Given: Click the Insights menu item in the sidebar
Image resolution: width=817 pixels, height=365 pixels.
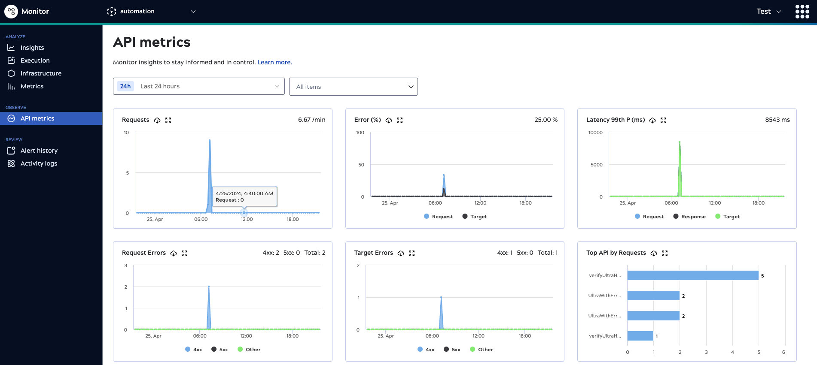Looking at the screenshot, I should click(x=32, y=48).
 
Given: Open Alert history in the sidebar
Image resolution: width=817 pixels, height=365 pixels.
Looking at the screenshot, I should click(x=39, y=151).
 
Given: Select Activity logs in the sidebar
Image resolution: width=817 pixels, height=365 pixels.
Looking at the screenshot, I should click(x=39, y=163).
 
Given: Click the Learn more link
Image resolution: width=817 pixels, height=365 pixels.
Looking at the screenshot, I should click(x=274, y=62).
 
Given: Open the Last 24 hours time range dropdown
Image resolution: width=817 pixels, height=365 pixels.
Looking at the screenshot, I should click(x=198, y=86).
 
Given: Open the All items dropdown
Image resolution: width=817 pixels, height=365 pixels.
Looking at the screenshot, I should click(x=353, y=87).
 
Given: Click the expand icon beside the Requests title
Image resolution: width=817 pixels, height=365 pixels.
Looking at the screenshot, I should click(x=168, y=121).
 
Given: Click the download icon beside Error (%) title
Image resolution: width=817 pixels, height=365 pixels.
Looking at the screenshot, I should click(x=389, y=121).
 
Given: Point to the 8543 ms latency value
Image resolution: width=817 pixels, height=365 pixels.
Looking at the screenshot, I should click(x=777, y=120).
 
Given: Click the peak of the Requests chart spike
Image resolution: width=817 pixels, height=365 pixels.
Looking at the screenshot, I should click(x=210, y=141).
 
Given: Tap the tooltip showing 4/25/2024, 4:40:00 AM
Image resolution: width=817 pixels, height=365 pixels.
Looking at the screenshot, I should click(x=244, y=196).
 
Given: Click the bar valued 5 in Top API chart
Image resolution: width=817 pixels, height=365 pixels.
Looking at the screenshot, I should click(x=692, y=275).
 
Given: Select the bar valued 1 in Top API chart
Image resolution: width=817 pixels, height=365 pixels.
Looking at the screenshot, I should click(x=640, y=336).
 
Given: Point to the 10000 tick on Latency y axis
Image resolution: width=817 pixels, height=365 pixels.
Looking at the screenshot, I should click(x=595, y=133).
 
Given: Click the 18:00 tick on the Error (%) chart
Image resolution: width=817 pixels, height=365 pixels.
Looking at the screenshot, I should click(x=525, y=203).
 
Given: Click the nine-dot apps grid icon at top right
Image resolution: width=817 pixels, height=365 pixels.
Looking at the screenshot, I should click(x=802, y=12).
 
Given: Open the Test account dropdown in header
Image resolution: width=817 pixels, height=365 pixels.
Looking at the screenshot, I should click(x=768, y=12).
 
